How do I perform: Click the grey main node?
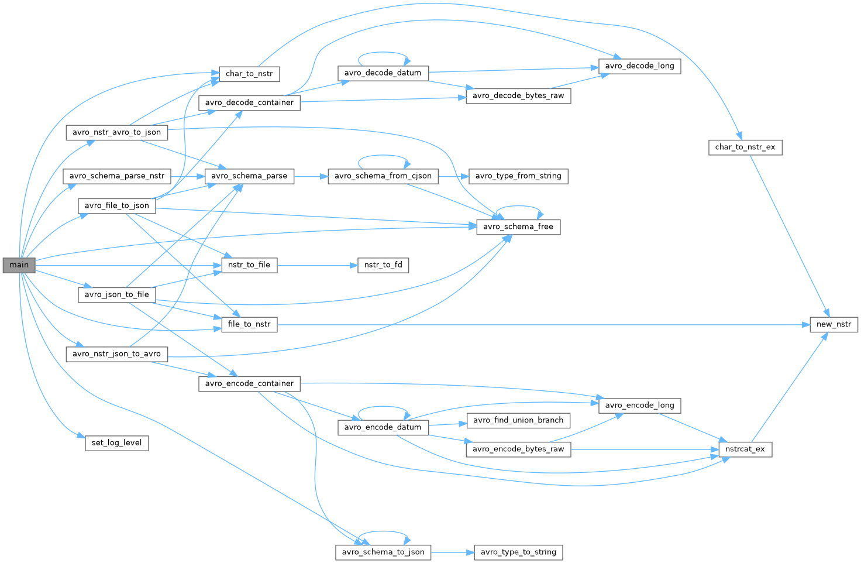19,265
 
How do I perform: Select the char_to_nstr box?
249,74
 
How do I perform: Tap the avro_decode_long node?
639,66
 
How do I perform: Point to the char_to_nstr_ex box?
745,147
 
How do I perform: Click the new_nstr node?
834,324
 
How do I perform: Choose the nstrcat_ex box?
745,449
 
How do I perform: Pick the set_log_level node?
116,442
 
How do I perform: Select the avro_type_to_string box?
518,552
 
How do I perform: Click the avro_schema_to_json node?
383,552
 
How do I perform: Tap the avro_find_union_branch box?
518,420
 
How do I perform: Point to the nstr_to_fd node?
383,265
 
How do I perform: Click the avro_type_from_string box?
518,176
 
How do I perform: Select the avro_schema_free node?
518,226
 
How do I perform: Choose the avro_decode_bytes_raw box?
518,95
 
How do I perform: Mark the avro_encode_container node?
249,383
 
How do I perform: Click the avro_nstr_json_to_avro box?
116,353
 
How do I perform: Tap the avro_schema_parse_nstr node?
116,176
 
